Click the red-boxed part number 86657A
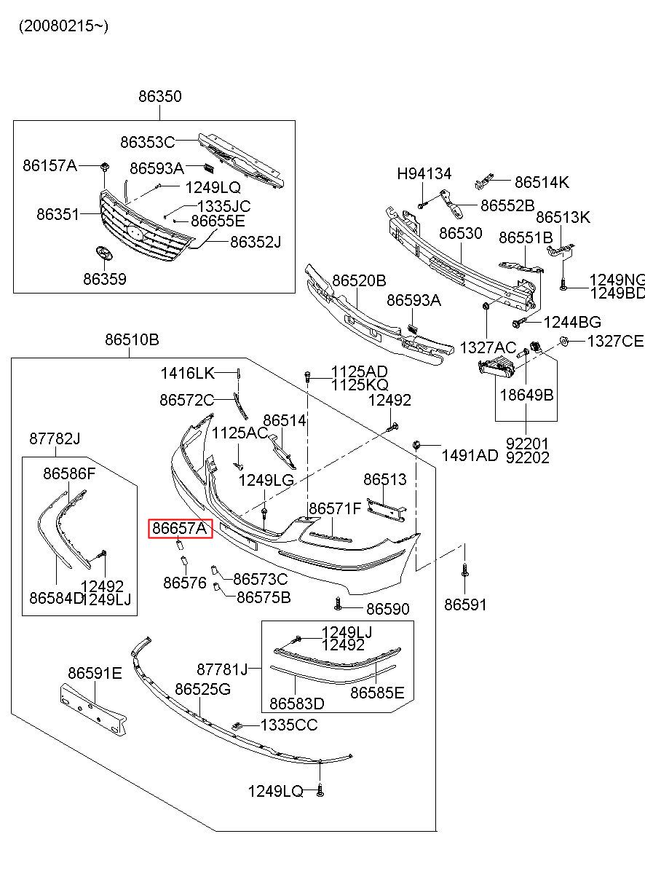(x=180, y=527)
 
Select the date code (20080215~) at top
(x=63, y=26)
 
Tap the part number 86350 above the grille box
(x=160, y=97)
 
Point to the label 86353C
(x=148, y=142)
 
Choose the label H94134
(x=424, y=174)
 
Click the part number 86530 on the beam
(x=460, y=234)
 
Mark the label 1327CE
(x=615, y=341)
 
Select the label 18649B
(x=526, y=395)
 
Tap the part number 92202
(x=528, y=457)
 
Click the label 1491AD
(x=470, y=455)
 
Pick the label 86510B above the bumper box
(x=132, y=339)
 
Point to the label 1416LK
(x=188, y=374)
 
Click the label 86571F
(x=334, y=508)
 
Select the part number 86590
(x=387, y=609)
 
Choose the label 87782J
(x=55, y=438)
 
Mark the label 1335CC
(x=289, y=725)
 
